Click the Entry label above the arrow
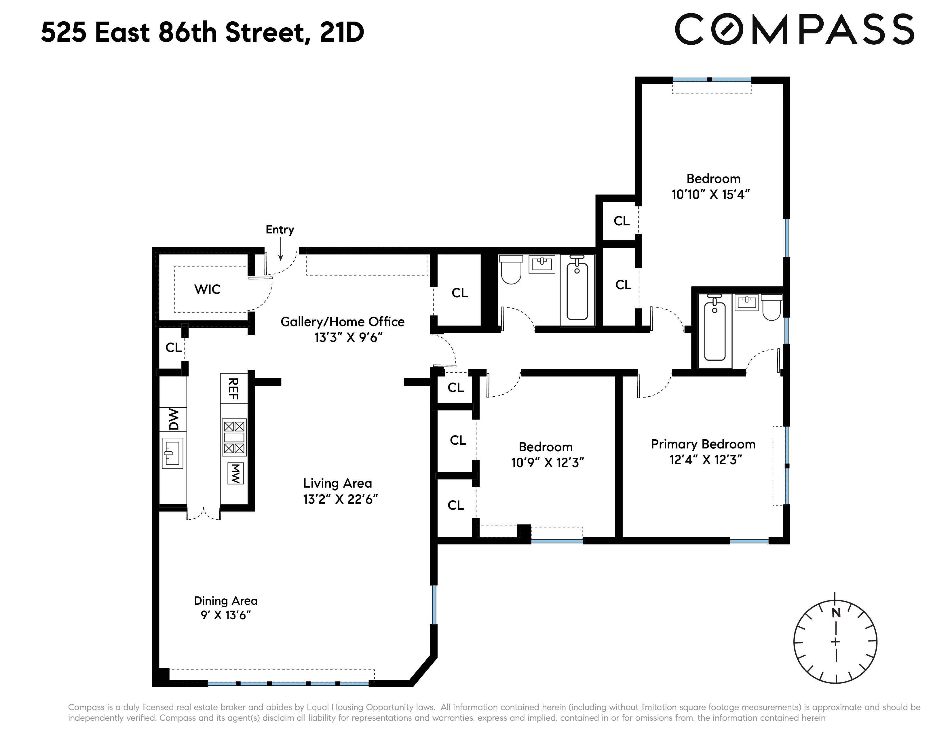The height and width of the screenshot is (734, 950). tap(280, 230)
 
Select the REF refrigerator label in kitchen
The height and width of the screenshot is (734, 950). tap(233, 388)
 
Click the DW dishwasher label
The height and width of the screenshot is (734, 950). tap(174, 419)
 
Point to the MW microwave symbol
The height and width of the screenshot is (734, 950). tap(235, 474)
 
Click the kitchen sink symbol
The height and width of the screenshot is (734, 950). tap(172, 453)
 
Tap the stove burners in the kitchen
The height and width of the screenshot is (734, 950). tap(234, 437)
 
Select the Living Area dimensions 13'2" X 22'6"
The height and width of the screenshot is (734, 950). tap(340, 499)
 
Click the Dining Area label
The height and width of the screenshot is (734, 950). tap(226, 601)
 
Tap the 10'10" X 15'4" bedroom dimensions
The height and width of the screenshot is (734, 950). tap(711, 194)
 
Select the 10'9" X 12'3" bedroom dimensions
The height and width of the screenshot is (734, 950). tap(547, 463)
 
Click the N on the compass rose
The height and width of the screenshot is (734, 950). tap(836, 613)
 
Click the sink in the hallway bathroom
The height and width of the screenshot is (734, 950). tap(542, 264)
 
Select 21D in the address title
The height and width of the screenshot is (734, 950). tap(342, 33)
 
